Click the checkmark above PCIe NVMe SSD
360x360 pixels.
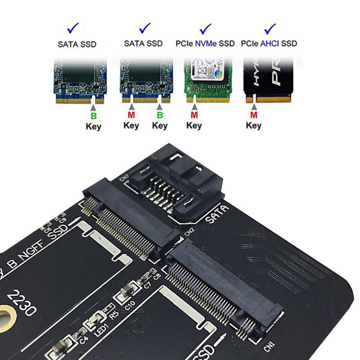tap(206, 29)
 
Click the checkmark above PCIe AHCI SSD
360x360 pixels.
tap(270, 29)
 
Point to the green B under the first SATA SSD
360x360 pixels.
tap(94, 116)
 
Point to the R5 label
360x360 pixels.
tap(113, 314)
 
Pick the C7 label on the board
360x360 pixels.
tap(147, 283)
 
